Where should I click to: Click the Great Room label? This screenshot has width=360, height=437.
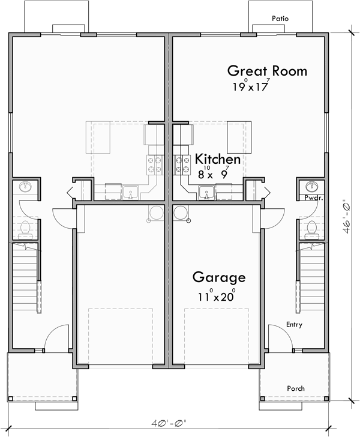pyautogui.click(x=267, y=71)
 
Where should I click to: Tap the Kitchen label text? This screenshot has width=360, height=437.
pyautogui.click(x=218, y=160)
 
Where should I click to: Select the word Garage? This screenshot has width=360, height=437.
pyautogui.click(x=219, y=277)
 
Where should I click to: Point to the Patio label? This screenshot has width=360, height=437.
pyautogui.click(x=280, y=19)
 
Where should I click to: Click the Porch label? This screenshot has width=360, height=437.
pyautogui.click(x=295, y=388)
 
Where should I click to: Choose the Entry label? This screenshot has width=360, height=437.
pyautogui.click(x=294, y=325)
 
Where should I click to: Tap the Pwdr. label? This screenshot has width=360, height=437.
pyautogui.click(x=311, y=197)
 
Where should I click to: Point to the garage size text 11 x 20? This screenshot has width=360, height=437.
pyautogui.click(x=217, y=295)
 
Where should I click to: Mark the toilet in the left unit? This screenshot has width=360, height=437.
pyautogui.click(x=26, y=228)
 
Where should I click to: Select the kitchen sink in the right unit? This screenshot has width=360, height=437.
pyautogui.click(x=206, y=193)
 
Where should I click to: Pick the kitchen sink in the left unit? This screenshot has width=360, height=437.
pyautogui.click(x=130, y=193)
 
